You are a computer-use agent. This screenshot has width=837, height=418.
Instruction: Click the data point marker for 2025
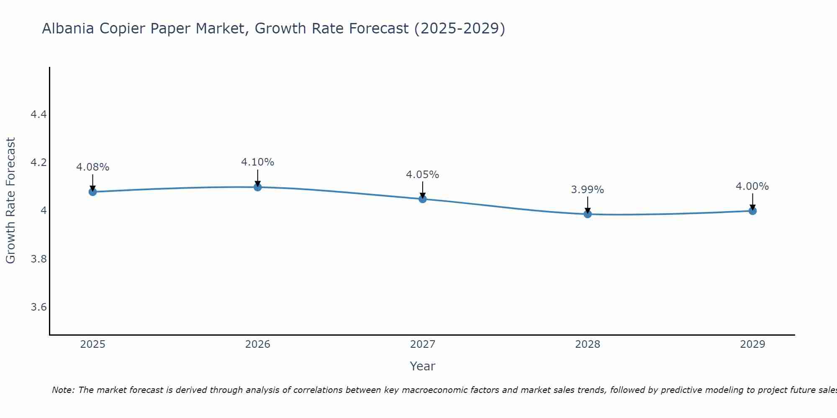click(x=92, y=192)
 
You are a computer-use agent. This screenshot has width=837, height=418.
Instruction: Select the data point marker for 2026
click(x=258, y=187)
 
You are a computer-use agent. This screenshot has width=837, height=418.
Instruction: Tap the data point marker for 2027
click(x=423, y=199)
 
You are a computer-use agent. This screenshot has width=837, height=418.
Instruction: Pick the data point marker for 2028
click(x=588, y=214)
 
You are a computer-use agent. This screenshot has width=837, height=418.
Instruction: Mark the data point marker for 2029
click(x=752, y=211)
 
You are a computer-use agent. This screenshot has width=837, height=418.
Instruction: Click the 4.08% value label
click(x=92, y=167)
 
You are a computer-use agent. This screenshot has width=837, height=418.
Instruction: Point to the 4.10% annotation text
click(x=258, y=162)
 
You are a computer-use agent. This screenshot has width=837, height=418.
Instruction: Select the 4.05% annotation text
click(x=423, y=175)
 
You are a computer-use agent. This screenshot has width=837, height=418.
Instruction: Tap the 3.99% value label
click(x=588, y=190)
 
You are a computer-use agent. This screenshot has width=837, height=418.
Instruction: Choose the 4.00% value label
click(x=752, y=186)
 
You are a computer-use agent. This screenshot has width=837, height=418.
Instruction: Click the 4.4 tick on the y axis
click(x=39, y=114)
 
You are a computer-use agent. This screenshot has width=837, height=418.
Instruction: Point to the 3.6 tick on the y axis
click(x=39, y=307)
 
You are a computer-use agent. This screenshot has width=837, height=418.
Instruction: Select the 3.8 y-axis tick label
click(x=39, y=259)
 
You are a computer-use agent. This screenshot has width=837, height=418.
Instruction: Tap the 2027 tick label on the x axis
click(x=423, y=344)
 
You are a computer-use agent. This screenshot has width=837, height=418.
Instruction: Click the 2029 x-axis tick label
click(x=752, y=344)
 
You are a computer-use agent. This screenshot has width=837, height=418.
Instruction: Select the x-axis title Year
click(x=423, y=366)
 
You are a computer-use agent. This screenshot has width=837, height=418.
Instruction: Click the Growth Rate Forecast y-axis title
click(x=11, y=201)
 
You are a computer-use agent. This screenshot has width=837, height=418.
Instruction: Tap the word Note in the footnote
click(x=62, y=390)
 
